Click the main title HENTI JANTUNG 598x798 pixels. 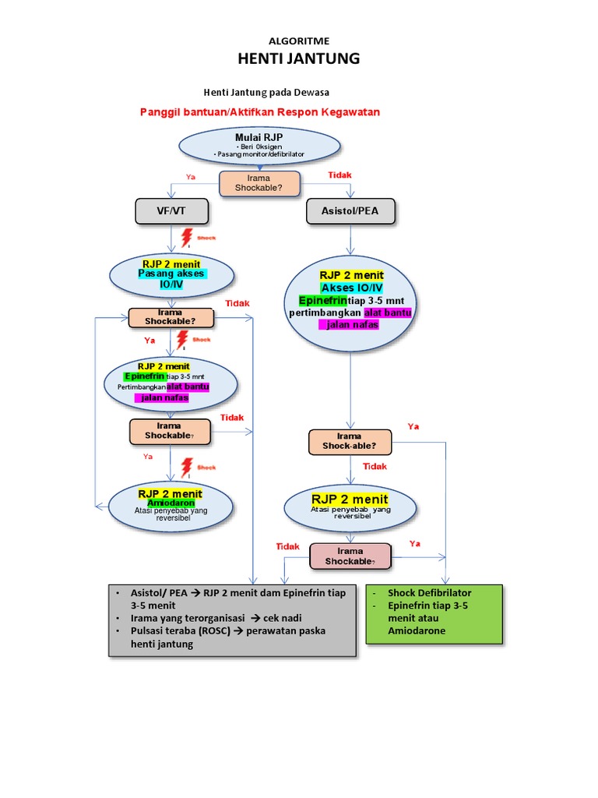[298, 58]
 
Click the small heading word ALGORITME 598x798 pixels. [298, 40]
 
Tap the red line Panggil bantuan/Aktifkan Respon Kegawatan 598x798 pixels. [259, 112]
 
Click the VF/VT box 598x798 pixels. [171, 210]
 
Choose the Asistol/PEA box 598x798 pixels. [350, 210]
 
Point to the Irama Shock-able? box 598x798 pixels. [350, 442]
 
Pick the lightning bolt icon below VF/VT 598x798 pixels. [186, 237]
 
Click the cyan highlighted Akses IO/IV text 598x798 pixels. [351, 288]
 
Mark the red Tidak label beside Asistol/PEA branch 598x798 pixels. [339, 175]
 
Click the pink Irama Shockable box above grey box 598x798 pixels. [350, 556]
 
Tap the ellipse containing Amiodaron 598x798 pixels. [171, 504]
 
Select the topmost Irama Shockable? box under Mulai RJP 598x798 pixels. [259, 184]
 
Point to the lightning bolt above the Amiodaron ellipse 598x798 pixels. [186, 468]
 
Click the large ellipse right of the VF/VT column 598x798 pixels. [351, 305]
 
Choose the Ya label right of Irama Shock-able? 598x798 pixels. [413, 426]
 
